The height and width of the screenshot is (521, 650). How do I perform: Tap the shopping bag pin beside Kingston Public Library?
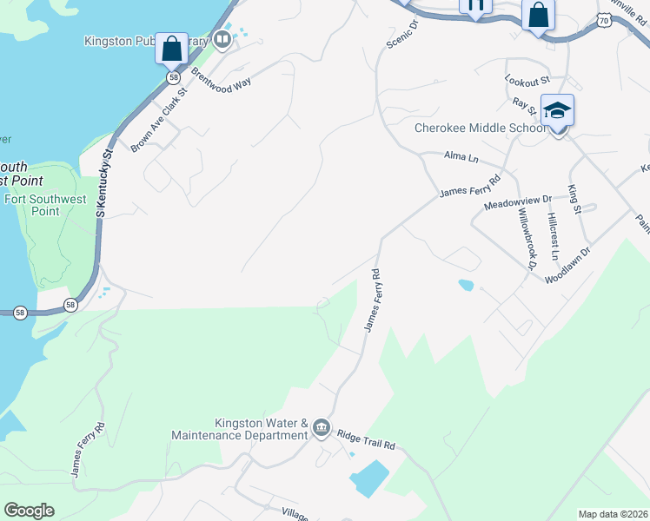[171, 49]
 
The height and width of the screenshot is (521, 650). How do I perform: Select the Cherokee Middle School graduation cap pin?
[557, 111]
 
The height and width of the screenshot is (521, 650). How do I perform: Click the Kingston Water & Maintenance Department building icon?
[321, 425]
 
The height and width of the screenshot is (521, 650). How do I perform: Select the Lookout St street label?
[528, 80]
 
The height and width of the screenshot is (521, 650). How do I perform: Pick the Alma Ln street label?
[461, 157]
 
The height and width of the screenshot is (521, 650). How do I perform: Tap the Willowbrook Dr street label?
[525, 239]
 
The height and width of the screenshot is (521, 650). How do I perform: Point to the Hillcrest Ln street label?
[553, 230]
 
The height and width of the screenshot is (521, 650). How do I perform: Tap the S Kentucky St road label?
[106, 182]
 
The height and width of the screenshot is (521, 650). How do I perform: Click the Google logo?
[29, 511]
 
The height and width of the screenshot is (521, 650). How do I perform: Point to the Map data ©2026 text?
[612, 514]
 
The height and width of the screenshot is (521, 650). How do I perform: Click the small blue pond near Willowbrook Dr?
[466, 284]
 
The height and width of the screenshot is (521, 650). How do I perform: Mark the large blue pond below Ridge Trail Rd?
[369, 478]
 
